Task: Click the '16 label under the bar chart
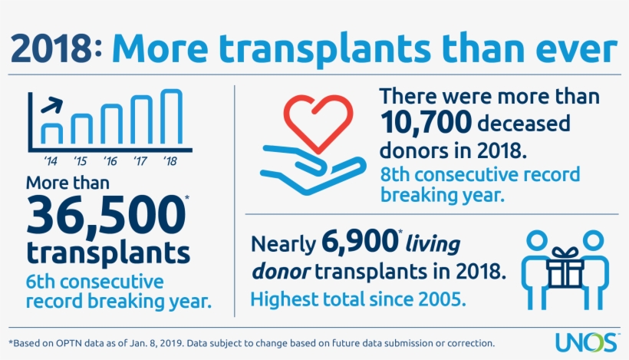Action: [110, 161]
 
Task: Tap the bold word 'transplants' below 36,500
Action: [108, 253]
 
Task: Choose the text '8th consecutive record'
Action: [480, 173]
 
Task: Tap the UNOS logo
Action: [596, 341]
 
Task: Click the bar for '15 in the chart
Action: [81, 128]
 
